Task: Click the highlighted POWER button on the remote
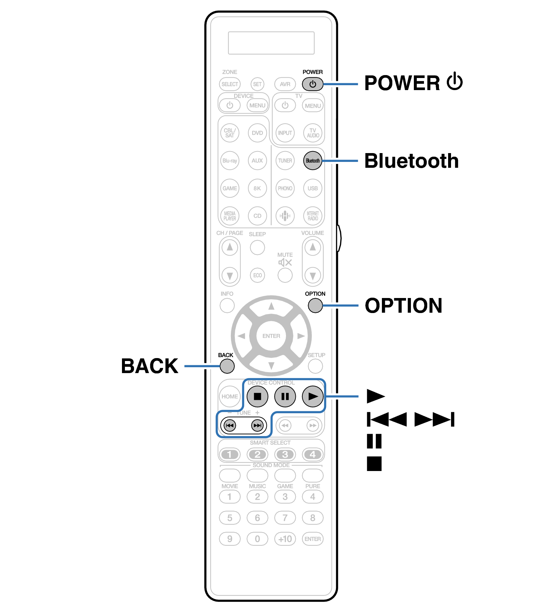point(312,84)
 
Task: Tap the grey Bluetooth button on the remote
point(312,161)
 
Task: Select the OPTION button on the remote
point(315,306)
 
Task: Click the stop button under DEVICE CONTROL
point(257,396)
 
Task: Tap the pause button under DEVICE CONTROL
point(285,396)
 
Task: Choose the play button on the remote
point(312,396)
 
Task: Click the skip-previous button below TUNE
point(230,425)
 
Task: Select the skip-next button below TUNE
point(257,425)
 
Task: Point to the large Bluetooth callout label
point(411,161)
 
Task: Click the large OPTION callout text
point(403,306)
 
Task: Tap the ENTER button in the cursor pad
point(271,336)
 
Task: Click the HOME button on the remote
point(230,396)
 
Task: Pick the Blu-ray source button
point(230,161)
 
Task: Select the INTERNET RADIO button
point(312,216)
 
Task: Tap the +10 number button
point(285,539)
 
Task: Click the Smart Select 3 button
point(285,454)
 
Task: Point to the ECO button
point(257,275)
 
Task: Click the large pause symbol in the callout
point(374,441)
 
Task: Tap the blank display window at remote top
point(271,43)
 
